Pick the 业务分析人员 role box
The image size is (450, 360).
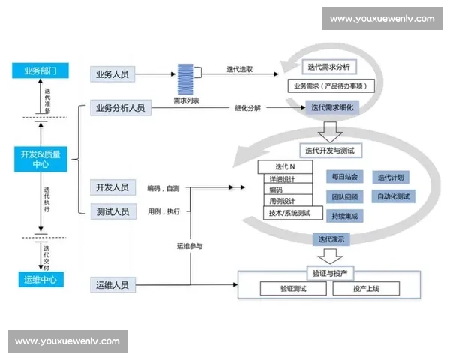coord(121,108)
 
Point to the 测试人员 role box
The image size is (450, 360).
coord(113,211)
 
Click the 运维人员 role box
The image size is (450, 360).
coord(113,285)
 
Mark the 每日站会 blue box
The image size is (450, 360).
coord(344,178)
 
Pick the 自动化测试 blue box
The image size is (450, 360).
coord(393,196)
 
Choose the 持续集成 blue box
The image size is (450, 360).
coord(344,216)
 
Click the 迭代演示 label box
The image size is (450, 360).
coord(331,239)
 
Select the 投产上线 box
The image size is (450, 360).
coord(365,289)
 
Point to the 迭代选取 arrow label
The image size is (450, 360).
coord(239,69)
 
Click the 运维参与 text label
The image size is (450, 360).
coord(190,246)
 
